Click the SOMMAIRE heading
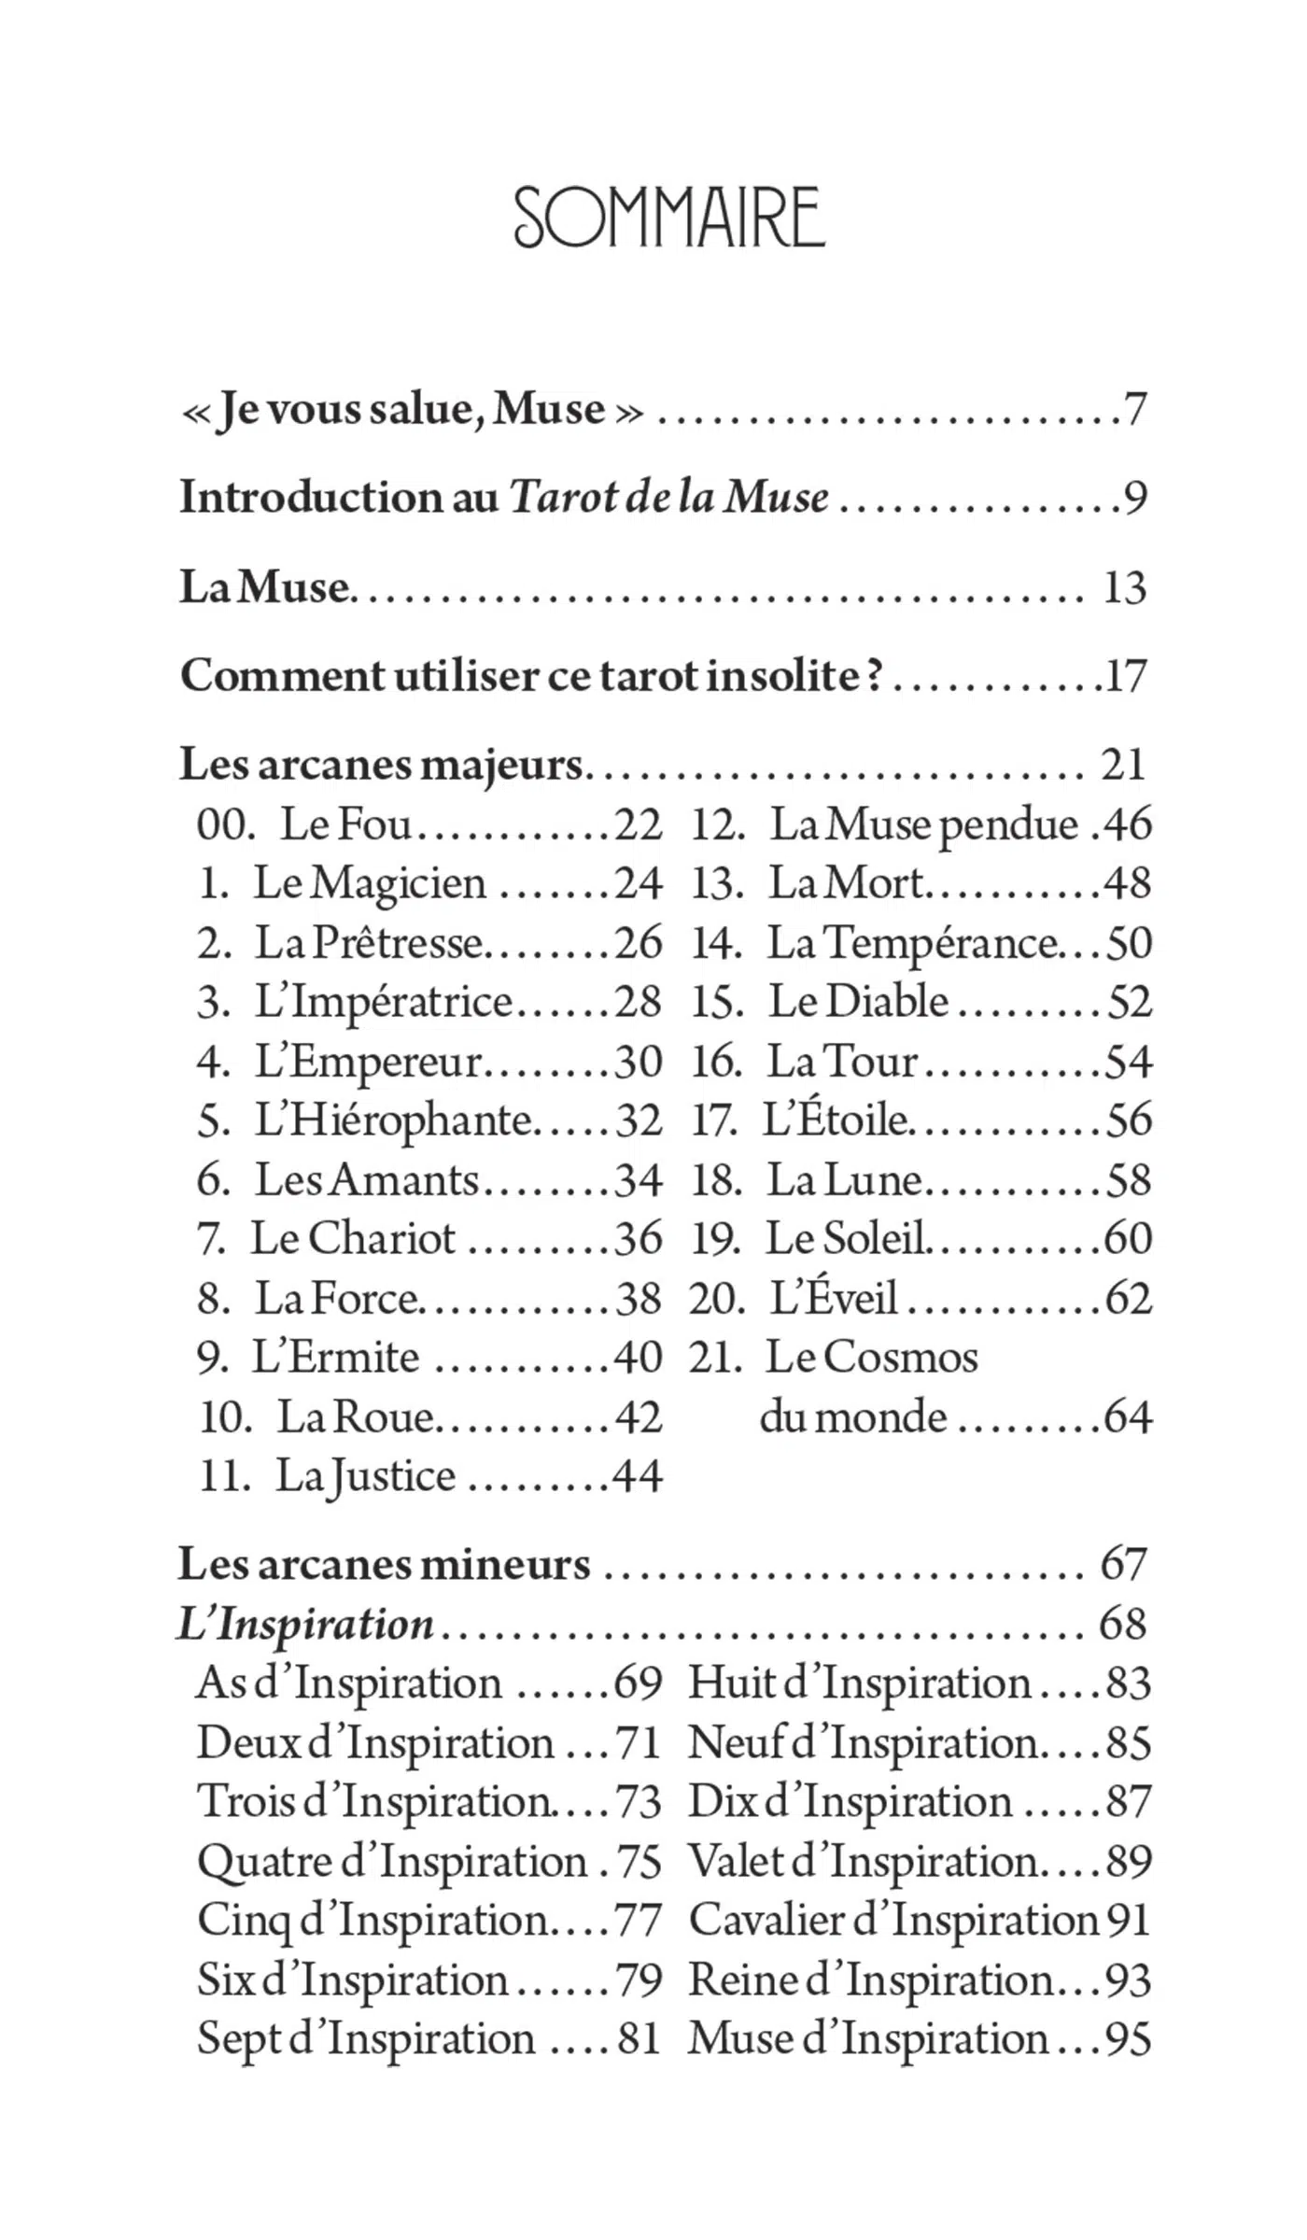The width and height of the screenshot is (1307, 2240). tap(669, 218)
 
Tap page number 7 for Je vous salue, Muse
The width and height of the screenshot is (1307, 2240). tap(1134, 409)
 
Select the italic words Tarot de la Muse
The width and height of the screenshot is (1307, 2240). tap(668, 497)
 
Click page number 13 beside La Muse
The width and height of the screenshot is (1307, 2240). tap(1124, 587)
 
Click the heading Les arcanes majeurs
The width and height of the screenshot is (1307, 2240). tap(381, 765)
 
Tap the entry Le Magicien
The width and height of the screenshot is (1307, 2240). tap(370, 883)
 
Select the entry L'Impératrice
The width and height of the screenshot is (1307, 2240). tap(384, 1002)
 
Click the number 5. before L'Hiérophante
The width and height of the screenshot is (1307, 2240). tap(213, 1120)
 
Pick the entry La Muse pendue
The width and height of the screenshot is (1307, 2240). tap(924, 824)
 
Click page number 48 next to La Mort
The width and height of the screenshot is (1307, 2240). tap(1127, 883)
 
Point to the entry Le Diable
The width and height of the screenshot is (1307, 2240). tap(858, 1002)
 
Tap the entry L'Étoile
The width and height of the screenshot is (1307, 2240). tap(836, 1120)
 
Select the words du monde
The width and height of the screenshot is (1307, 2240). tap(853, 1417)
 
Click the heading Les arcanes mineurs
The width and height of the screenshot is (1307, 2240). tap(384, 1564)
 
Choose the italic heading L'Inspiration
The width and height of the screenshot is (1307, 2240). tap(305, 1624)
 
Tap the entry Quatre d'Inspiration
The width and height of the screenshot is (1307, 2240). tap(391, 1861)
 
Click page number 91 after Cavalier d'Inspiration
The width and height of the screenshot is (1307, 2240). tap(1128, 1921)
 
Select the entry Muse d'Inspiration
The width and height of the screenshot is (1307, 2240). tap(868, 2039)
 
